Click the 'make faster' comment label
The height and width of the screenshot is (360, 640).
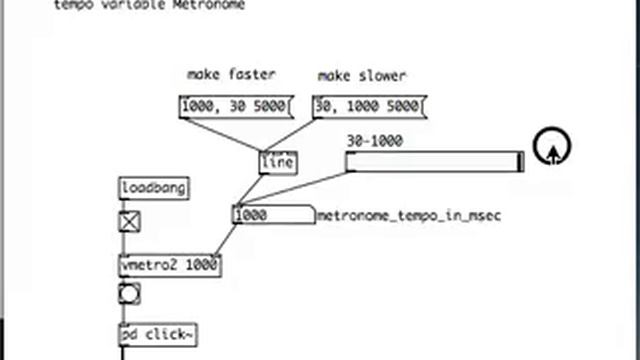pyautogui.click(x=231, y=75)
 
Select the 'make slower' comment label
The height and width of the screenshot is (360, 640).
pyautogui.click(x=362, y=75)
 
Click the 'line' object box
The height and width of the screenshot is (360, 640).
pyautogui.click(x=277, y=162)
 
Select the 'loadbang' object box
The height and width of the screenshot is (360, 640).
pyautogui.click(x=153, y=188)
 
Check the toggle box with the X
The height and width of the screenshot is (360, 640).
pyautogui.click(x=129, y=221)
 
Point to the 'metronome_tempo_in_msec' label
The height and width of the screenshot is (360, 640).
pyautogui.click(x=409, y=215)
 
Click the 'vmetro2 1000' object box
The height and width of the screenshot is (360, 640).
pyautogui.click(x=169, y=265)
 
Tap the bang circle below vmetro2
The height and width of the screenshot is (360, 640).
pyautogui.click(x=129, y=294)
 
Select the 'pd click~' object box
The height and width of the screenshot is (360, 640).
pyautogui.click(x=157, y=334)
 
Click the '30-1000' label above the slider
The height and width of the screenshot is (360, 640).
pyautogui.click(x=374, y=141)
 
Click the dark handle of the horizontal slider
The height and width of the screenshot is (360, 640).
pyautogui.click(x=519, y=162)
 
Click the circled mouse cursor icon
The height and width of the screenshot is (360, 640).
pyautogui.click(x=551, y=148)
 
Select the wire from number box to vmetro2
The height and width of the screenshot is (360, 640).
pyautogui.click(x=225, y=240)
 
